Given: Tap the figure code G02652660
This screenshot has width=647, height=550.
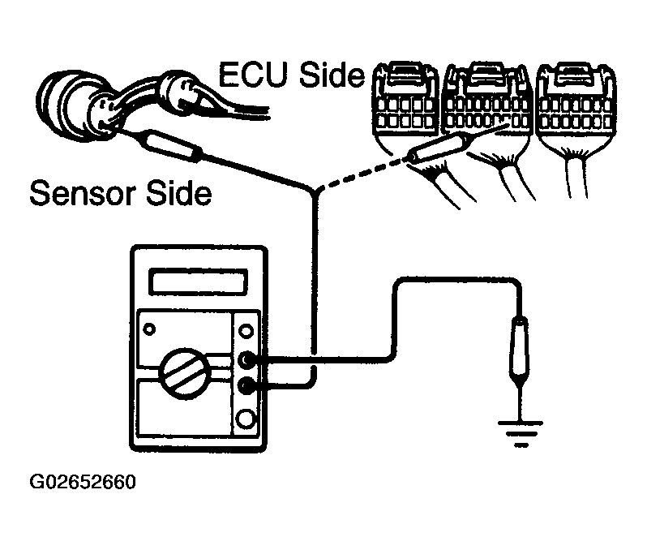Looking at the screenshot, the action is tap(83, 482).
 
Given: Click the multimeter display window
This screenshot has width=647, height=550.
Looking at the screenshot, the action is tap(199, 281).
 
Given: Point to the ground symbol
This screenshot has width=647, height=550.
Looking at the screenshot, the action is tap(521, 433).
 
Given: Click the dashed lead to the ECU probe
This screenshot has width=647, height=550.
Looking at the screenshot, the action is tap(360, 173).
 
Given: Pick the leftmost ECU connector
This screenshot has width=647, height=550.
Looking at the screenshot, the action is tap(404, 108).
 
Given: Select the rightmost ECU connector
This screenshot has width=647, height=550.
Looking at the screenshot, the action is tap(576, 107).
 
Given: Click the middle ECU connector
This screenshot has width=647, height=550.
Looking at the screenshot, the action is tap(487, 107).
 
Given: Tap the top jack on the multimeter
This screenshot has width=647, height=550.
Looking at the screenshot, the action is tap(246, 331).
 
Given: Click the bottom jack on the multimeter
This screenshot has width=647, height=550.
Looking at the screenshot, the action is tap(246, 419).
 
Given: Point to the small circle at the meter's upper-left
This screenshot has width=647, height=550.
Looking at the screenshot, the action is tap(149, 329).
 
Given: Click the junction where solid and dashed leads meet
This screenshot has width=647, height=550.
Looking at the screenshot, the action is tap(315, 191).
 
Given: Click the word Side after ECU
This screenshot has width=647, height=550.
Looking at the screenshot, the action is tap(332, 75).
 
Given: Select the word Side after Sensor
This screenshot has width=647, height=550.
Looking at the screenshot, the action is tap(179, 193).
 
